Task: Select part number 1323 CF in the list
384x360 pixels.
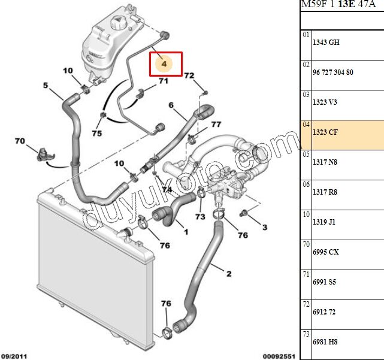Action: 325,132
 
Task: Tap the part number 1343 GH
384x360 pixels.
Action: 326,43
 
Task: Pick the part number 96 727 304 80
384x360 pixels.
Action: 333,72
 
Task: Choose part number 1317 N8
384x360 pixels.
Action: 325,162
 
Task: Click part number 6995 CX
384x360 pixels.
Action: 326,252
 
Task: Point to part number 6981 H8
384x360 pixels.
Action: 325,341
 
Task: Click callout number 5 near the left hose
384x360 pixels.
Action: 45,86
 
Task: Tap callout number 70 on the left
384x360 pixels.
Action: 20,141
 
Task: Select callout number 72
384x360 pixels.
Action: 189,76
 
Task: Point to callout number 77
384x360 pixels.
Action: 216,125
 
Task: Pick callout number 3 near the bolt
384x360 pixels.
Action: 264,227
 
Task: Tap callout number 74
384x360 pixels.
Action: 166,189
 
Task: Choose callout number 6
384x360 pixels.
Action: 171,106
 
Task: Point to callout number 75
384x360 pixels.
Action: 97,133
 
